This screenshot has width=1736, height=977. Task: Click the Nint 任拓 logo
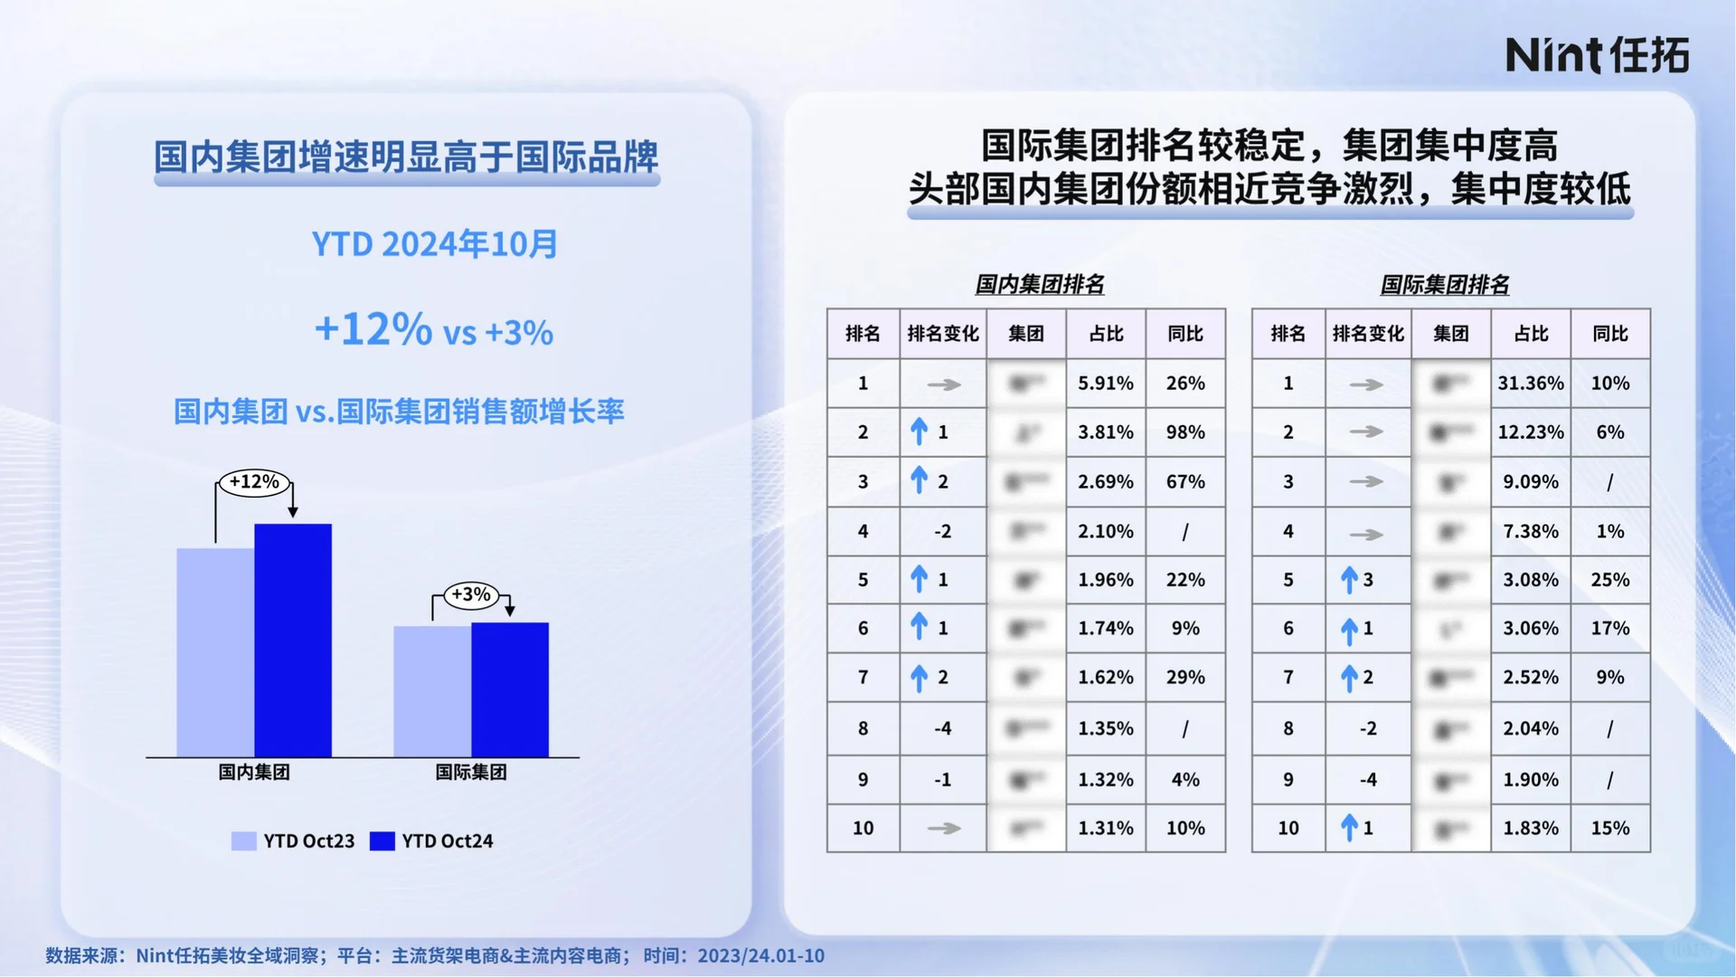point(1597,55)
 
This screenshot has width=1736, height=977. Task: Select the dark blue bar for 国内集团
point(293,640)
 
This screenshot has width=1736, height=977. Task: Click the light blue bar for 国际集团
point(431,691)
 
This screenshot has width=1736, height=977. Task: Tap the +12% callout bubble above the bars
point(254,482)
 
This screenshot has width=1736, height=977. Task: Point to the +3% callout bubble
point(470,595)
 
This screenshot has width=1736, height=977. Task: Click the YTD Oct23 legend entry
point(293,841)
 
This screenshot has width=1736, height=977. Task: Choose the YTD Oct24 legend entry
point(432,841)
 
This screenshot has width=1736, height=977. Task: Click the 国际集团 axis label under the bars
point(470,773)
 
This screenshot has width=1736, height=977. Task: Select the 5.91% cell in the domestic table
point(1105,384)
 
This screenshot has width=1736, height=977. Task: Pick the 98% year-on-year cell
point(1184,432)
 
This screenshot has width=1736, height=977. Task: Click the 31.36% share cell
point(1530,384)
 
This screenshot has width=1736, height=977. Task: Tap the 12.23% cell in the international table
point(1530,432)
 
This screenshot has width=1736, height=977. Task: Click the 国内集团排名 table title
point(1039,285)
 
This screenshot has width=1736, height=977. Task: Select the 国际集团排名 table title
point(1444,285)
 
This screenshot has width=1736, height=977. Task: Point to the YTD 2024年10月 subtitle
point(434,244)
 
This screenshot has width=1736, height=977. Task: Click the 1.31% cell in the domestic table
point(1105,829)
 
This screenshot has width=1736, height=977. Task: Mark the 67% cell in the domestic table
point(1184,482)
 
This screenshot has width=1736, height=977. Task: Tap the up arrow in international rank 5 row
point(1349,580)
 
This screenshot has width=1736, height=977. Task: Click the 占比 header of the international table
point(1530,334)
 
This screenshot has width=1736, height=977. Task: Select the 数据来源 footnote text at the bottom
point(434,956)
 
